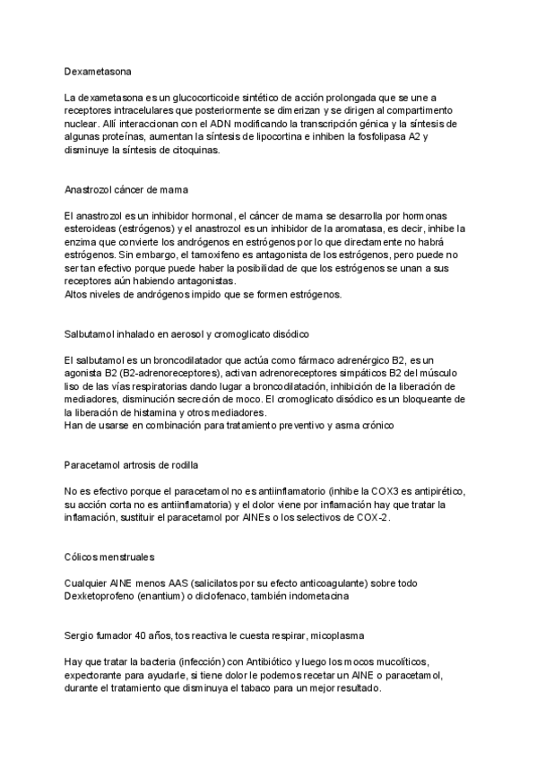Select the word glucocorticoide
pyautogui.click(x=193, y=96)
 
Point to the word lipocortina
pyautogui.click(x=299, y=136)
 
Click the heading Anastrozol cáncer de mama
pyautogui.click(x=126, y=190)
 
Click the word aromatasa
pyautogui.click(x=384, y=229)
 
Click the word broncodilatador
pyautogui.click(x=195, y=358)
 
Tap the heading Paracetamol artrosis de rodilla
pyautogui.click(x=132, y=466)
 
